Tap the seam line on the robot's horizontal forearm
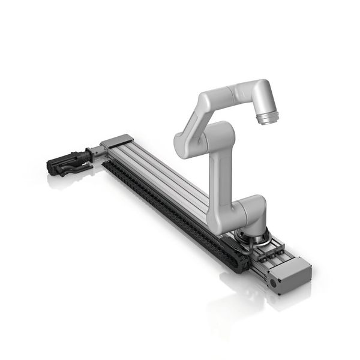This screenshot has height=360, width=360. (x=231, y=94)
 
